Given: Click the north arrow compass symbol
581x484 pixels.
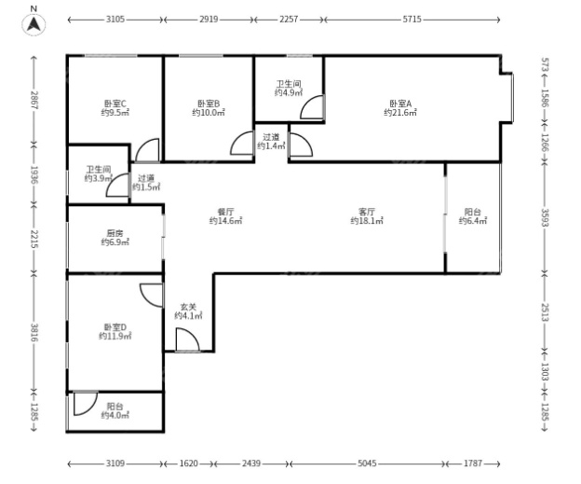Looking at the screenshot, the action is point(34,24).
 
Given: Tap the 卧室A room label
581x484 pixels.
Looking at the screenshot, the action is point(400,104).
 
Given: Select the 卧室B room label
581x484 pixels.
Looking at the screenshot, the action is point(209,104).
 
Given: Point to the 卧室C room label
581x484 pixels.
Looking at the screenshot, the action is point(115,104).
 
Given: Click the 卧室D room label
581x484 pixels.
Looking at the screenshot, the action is point(115,327).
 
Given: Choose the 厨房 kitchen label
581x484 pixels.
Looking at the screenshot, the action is point(115,233).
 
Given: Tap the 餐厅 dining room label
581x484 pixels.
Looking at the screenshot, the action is point(225,212).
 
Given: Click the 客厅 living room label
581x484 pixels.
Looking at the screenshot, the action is point(367,212).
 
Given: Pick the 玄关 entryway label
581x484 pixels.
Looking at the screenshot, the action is point(188,307).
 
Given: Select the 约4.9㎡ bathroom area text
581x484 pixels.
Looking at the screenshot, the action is point(289,92).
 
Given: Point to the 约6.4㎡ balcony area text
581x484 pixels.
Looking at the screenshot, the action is point(473,221).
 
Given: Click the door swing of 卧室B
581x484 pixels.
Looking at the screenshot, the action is point(241,144).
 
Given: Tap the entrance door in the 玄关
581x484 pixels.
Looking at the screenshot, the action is point(187,339).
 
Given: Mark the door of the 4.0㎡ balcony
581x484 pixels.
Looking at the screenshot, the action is point(86,403).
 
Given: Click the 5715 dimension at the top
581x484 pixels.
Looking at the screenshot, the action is point(412,20).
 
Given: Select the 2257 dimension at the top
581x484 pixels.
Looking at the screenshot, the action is point(289,20).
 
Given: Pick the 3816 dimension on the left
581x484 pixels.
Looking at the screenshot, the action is point(34,333).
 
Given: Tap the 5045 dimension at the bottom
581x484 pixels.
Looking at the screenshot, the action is point(367,463).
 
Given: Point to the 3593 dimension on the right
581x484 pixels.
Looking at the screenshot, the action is point(545,217).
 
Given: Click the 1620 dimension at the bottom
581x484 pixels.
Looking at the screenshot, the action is point(189,463).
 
